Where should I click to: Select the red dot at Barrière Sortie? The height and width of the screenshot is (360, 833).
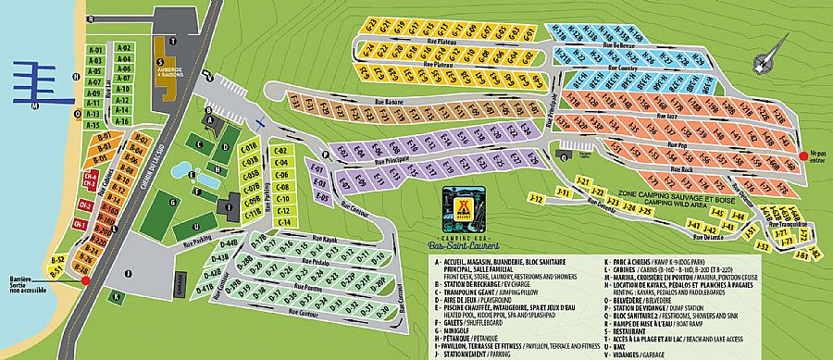[x=85, y=280]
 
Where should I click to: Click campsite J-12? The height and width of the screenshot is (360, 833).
[x=534, y=198]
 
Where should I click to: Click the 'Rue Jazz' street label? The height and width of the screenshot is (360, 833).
[x=667, y=116]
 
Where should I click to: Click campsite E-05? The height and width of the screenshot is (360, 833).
[x=322, y=196]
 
